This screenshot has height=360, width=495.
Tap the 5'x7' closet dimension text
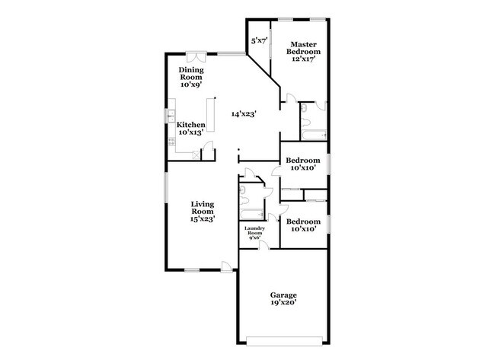point(258,41)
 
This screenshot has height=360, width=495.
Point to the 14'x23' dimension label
point(244,113)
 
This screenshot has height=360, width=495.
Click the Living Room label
point(202,209)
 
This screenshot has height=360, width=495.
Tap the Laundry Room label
point(254,233)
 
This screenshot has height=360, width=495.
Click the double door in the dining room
point(195,56)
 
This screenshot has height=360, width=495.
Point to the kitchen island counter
point(214,122)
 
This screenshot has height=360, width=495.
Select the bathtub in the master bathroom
point(312,135)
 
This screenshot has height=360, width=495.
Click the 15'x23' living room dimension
point(202,218)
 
